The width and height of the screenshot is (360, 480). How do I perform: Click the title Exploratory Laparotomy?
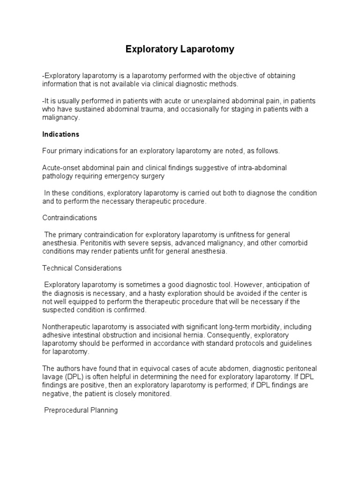pos(180,49)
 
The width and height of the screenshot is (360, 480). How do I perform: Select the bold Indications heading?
pos(61,135)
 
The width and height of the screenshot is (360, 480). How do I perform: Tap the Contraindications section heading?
pos(70,218)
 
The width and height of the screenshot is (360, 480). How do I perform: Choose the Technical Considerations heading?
pos(82,268)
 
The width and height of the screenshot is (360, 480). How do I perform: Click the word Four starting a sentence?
pos(49,151)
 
